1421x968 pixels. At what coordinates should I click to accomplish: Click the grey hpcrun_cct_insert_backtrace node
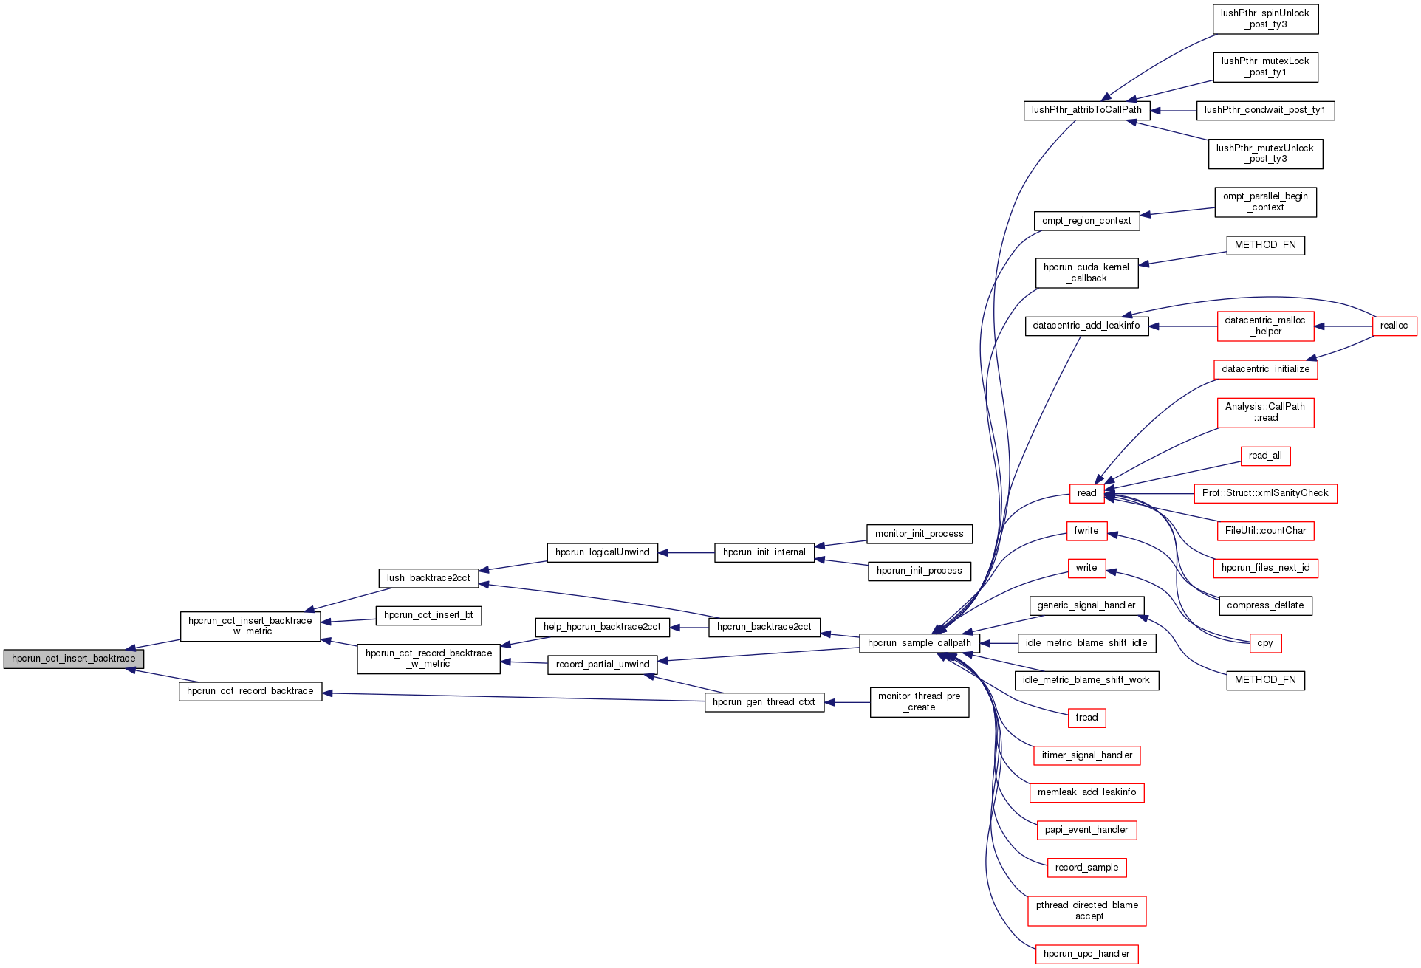click(73, 659)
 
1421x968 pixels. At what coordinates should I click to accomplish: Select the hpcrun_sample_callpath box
click(919, 643)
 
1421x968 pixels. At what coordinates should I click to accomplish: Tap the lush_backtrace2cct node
click(428, 578)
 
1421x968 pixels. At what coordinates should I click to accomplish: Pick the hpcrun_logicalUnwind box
click(602, 552)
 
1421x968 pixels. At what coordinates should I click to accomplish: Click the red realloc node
click(1394, 326)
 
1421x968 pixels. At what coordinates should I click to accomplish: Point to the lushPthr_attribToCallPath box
click(1086, 110)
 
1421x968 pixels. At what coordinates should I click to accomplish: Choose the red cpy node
click(1264, 643)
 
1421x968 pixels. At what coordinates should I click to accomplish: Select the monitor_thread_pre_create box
click(919, 702)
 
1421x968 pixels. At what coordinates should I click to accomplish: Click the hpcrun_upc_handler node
click(1086, 954)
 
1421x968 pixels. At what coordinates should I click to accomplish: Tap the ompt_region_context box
click(1086, 221)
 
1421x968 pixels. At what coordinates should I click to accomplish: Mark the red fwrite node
click(1086, 531)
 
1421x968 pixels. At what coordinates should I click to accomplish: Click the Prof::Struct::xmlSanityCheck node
click(1264, 493)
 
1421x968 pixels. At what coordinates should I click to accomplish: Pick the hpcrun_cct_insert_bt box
click(428, 615)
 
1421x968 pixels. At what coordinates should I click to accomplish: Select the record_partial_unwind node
click(602, 665)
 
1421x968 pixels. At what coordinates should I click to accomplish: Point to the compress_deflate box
click(1264, 605)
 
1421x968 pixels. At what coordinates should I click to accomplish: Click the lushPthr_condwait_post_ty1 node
click(1264, 110)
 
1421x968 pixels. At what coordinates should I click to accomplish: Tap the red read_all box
click(1264, 456)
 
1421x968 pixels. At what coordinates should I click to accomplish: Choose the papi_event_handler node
click(1086, 830)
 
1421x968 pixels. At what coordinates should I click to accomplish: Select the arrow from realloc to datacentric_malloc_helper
click(1343, 326)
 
